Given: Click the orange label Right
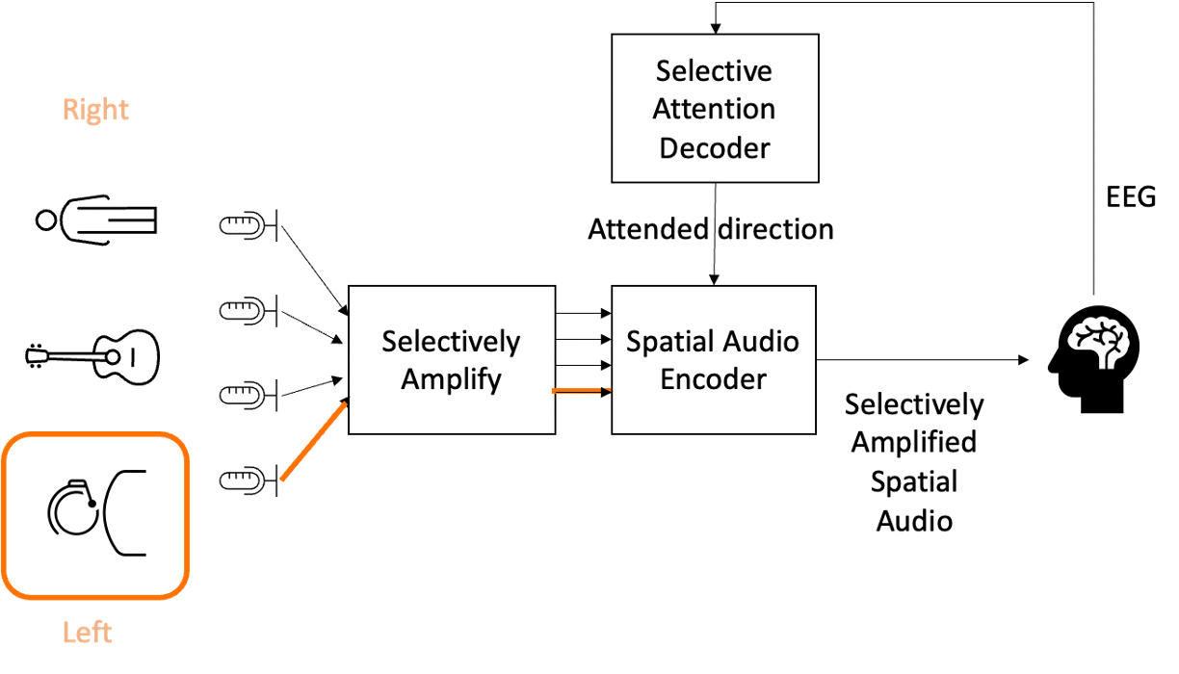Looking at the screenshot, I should point(95,110).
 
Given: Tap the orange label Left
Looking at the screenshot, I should point(88,633).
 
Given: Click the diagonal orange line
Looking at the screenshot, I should point(313,442).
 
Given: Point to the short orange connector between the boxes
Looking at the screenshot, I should point(582,391).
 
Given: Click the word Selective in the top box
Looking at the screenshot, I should point(714,71).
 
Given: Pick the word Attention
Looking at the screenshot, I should point(714,109).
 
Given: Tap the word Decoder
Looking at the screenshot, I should point(714,148).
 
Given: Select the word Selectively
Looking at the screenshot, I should point(451,342).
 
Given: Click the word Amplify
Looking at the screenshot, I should point(451,379).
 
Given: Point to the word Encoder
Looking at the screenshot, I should point(713,378).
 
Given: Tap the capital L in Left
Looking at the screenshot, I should point(68,633).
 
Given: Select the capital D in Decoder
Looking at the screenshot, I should point(668,148).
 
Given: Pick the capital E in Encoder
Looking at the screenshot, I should point(668,378).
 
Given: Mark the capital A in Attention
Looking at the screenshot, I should point(663,109).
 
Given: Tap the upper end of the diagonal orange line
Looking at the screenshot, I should point(344,405).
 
